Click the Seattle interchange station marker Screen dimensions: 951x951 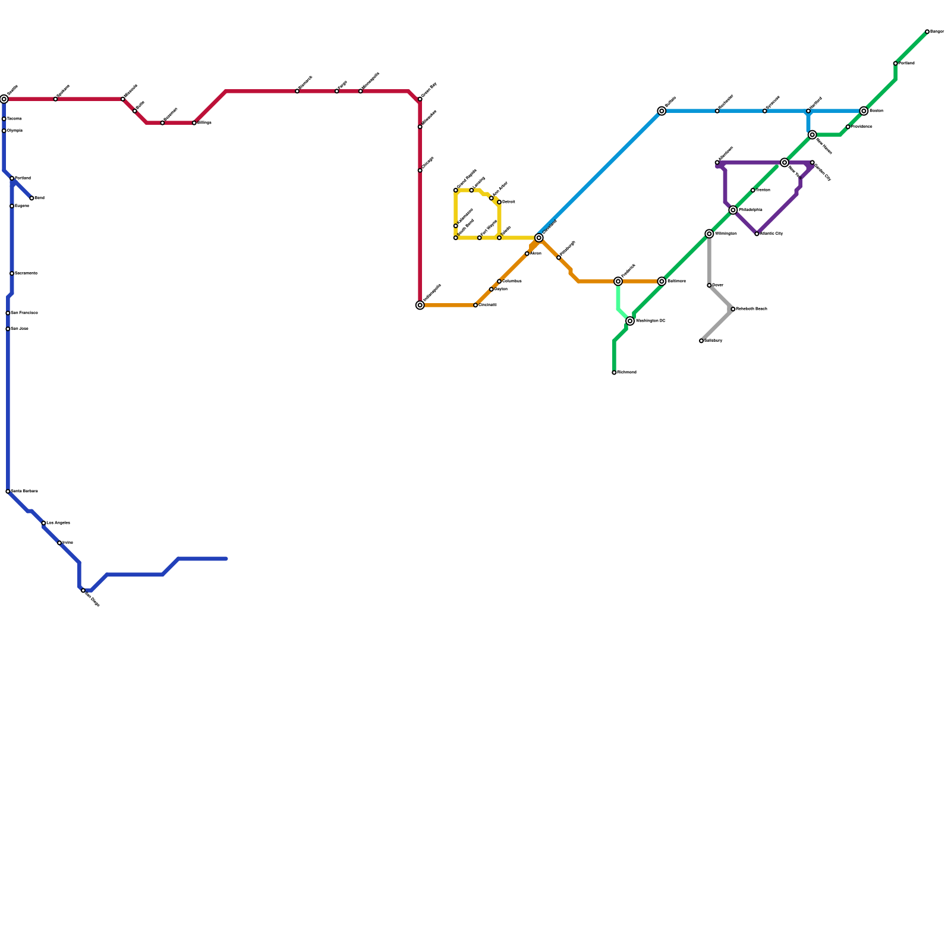(4, 99)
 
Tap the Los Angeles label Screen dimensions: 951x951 (58, 523)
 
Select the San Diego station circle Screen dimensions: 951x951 (83, 590)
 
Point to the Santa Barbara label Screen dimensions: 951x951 (24, 492)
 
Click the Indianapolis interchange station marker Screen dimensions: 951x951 (420, 305)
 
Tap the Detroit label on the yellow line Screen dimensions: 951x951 (508, 202)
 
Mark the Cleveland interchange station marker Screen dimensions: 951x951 (539, 238)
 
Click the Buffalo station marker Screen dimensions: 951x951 (662, 111)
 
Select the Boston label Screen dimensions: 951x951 (876, 111)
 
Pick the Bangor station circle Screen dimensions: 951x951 (927, 32)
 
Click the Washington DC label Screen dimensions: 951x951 (650, 321)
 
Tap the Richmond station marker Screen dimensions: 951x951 (614, 373)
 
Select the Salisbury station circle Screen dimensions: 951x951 (701, 341)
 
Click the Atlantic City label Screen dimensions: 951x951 (771, 234)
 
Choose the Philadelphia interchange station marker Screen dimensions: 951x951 (733, 210)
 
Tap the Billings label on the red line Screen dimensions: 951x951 (204, 123)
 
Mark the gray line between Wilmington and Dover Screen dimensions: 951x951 (709, 260)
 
